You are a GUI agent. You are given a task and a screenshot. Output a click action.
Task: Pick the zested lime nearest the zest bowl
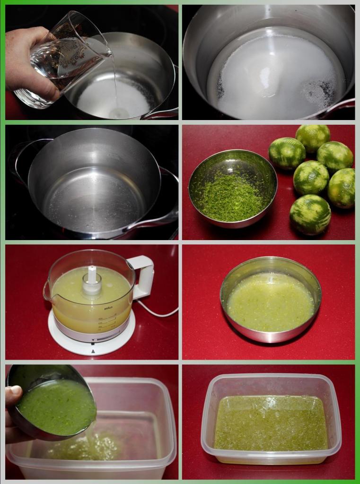pos(287,153)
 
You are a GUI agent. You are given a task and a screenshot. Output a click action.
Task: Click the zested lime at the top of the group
pos(313,138)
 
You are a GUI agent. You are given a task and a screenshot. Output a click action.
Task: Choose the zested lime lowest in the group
pos(310,214)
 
